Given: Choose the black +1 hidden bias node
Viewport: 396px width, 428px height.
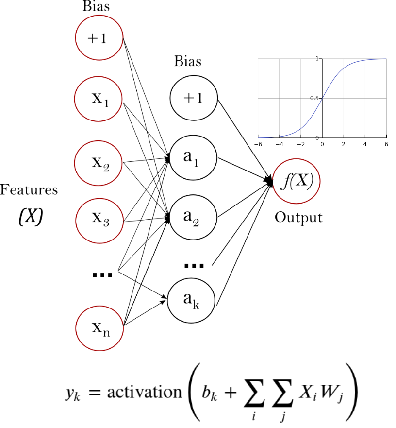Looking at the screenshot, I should pyautogui.click(x=193, y=99).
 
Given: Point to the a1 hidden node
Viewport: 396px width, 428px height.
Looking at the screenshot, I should pyautogui.click(x=193, y=158).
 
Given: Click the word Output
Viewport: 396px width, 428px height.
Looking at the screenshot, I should pyautogui.click(x=298, y=217).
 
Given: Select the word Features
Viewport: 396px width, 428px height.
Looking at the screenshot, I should pyautogui.click(x=29, y=190).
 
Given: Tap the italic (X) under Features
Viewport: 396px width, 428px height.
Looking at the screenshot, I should pyautogui.click(x=30, y=217).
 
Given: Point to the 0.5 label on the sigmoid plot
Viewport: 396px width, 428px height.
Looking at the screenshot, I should pyautogui.click(x=315, y=98).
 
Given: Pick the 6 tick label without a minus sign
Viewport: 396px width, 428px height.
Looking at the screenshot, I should pyautogui.click(x=387, y=144).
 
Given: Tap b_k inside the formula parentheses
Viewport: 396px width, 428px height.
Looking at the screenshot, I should pyautogui.click(x=209, y=392).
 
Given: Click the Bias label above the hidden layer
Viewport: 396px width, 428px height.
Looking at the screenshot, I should pyautogui.click(x=188, y=62).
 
